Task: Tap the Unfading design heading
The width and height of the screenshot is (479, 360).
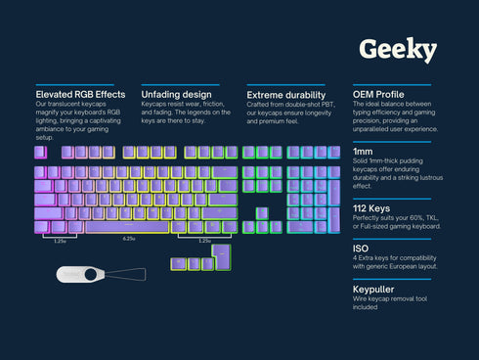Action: coord(177,94)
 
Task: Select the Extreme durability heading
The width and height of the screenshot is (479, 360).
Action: coord(286,94)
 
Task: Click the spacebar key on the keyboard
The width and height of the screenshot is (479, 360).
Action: coord(128,227)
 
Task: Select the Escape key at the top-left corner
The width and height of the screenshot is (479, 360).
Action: coord(41,152)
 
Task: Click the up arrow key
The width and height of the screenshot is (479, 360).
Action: coord(262,212)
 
